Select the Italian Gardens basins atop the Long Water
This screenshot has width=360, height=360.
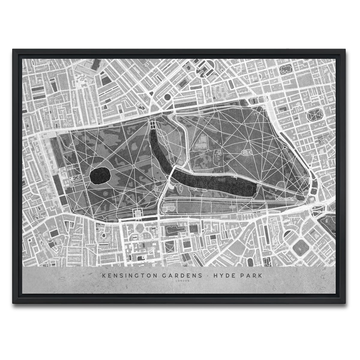pos(153,125)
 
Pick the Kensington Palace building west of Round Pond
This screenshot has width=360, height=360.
pos(75,178)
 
